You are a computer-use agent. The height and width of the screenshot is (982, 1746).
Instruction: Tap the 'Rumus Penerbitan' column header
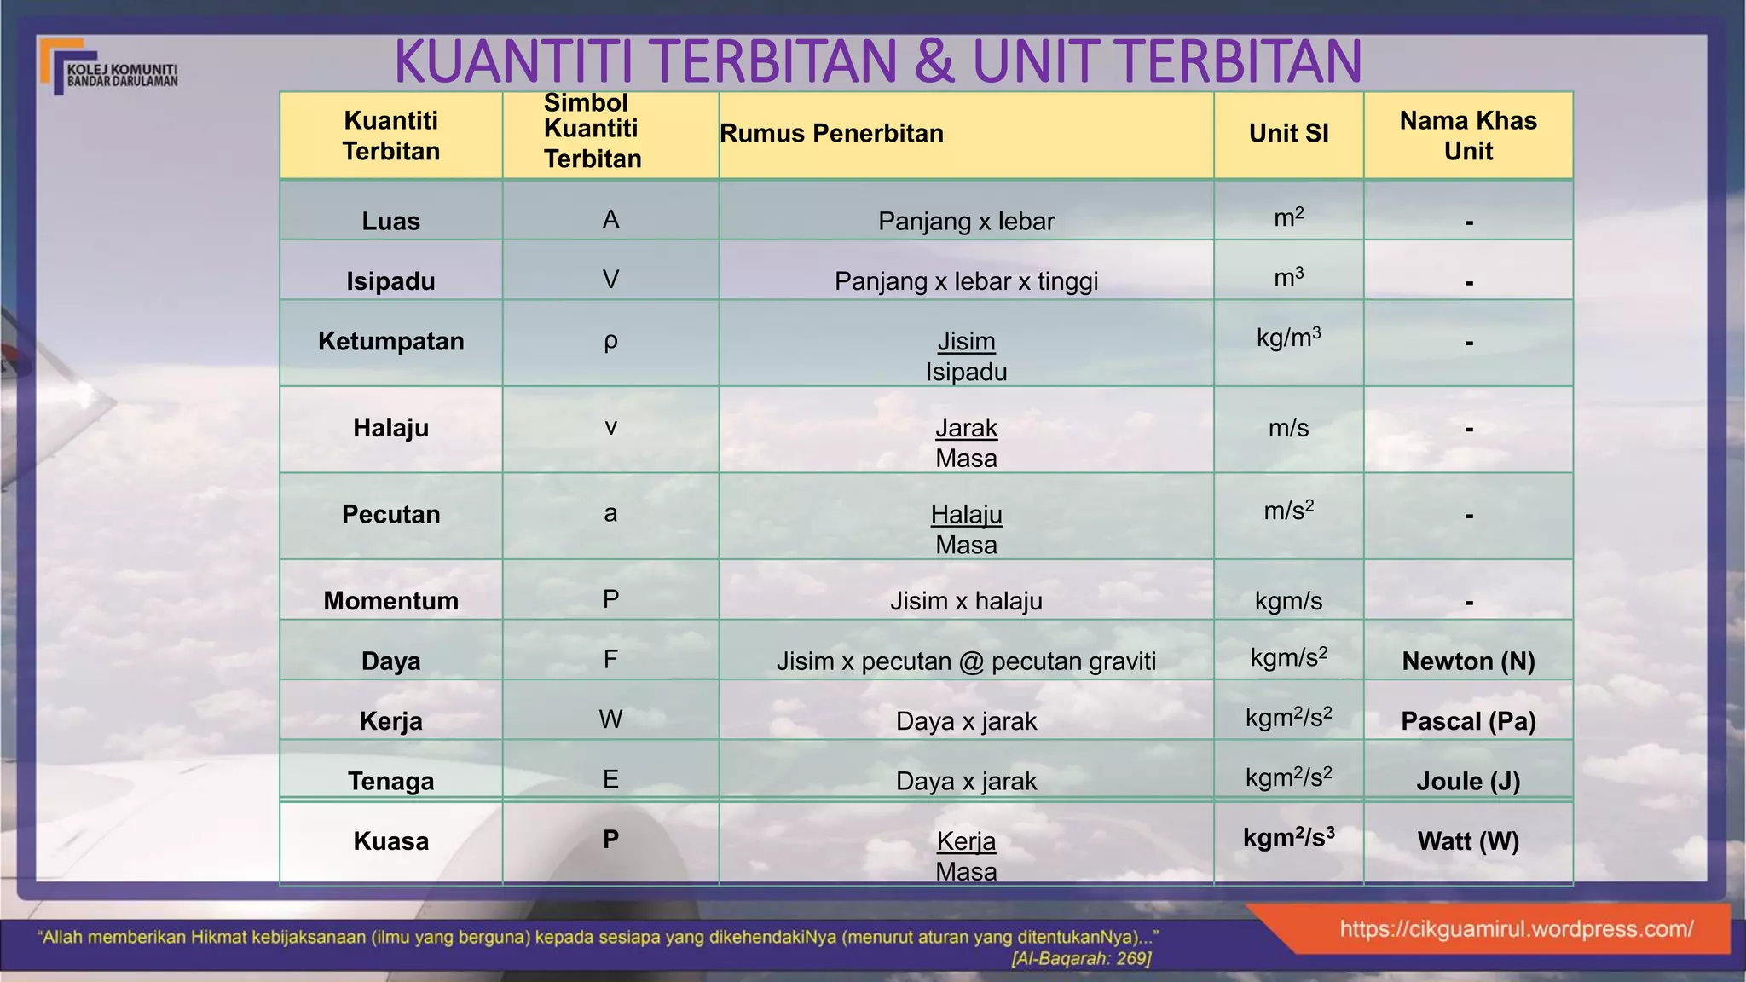(831, 134)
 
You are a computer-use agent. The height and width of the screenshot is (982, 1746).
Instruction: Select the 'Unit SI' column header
(1288, 134)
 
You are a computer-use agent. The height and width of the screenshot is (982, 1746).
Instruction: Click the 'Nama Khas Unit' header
(1468, 136)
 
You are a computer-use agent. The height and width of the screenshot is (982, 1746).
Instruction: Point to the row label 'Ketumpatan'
(390, 342)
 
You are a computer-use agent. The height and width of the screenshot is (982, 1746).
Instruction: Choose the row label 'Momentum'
(390, 601)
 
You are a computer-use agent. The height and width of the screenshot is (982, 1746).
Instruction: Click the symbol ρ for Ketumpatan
(610, 341)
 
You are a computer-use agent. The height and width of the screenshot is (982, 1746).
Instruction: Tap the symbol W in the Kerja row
(610, 719)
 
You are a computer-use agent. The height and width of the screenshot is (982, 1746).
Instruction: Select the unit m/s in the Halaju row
(1288, 428)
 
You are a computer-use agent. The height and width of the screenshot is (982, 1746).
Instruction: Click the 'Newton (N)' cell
(1468, 661)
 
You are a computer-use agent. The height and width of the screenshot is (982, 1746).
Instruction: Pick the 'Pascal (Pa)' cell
(1468, 721)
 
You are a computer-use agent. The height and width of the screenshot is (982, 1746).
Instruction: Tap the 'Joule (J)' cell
(1468, 781)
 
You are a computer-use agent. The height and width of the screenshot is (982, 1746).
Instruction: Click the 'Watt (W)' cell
(1468, 841)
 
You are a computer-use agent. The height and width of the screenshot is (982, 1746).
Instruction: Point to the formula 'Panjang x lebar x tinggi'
(966, 281)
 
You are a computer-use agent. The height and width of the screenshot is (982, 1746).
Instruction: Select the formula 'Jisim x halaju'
(966, 601)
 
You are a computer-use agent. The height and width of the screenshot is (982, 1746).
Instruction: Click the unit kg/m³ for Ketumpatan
(1288, 338)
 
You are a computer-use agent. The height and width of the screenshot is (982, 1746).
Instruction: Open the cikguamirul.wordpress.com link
(1516, 929)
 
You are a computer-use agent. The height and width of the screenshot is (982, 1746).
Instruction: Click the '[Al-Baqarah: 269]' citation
(1081, 959)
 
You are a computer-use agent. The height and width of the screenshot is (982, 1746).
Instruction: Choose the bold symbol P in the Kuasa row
(610, 840)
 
